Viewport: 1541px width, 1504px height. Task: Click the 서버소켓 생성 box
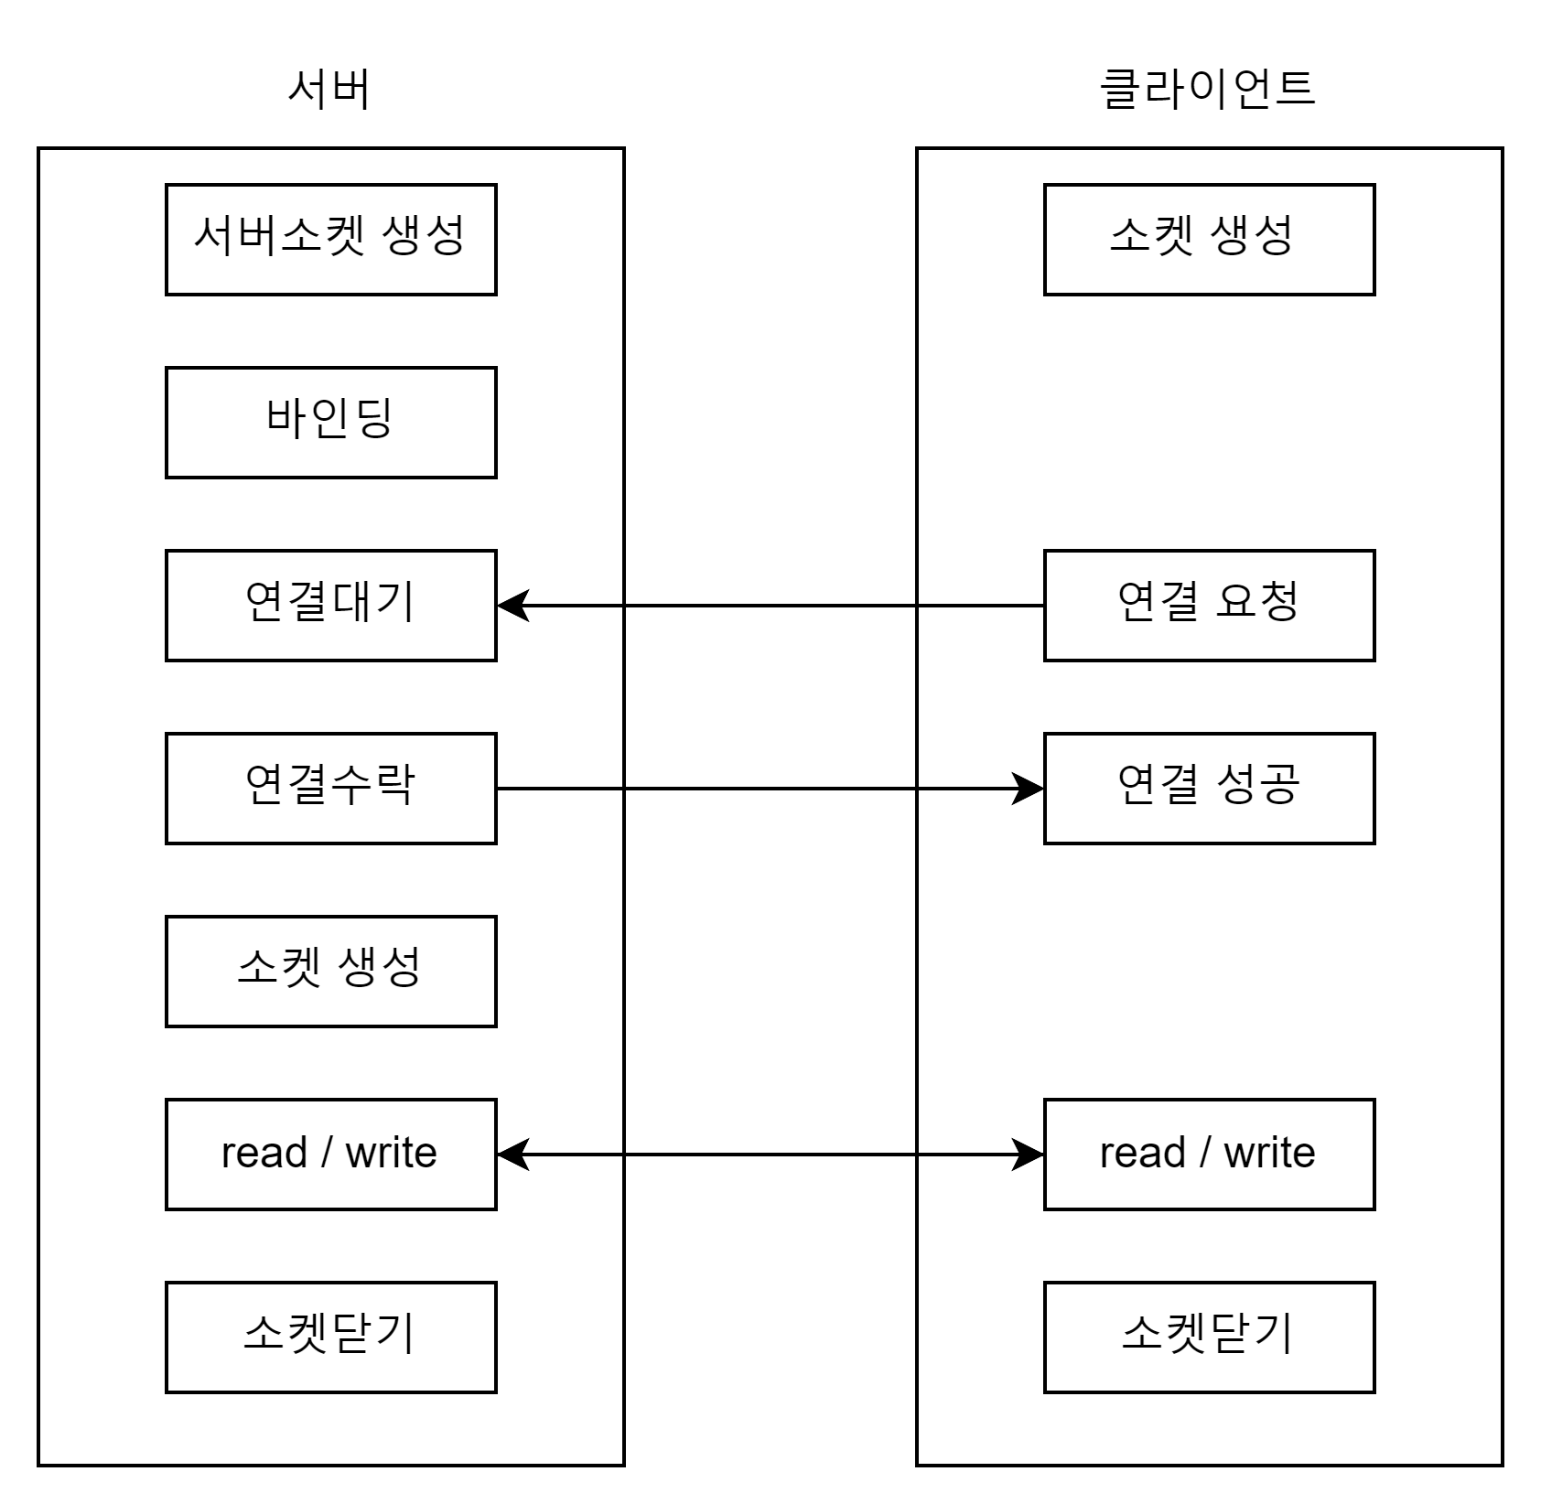pyautogui.click(x=330, y=240)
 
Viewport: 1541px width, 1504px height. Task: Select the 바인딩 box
pyautogui.click(x=330, y=423)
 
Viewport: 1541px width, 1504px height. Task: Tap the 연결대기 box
pyautogui.click(x=330, y=606)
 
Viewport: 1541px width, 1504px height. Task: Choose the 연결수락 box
pyautogui.click(x=330, y=789)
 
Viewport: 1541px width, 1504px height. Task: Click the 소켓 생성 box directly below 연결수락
pyautogui.click(x=330, y=972)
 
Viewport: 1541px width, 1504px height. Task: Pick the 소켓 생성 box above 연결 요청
pyautogui.click(x=1209, y=240)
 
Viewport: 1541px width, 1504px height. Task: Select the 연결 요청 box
pyautogui.click(x=1209, y=606)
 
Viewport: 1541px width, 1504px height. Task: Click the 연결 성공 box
pyautogui.click(x=1209, y=789)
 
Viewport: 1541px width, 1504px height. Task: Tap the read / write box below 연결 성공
pyautogui.click(x=1209, y=1155)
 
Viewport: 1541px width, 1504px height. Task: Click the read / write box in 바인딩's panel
pyautogui.click(x=330, y=1155)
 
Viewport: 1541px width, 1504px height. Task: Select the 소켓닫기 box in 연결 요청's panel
pyautogui.click(x=1209, y=1337)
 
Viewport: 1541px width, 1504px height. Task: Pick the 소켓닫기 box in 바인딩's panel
pyautogui.click(x=330, y=1337)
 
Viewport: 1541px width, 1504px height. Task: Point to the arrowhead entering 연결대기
pyautogui.click(x=513, y=606)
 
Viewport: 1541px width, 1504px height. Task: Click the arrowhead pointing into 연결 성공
pyautogui.click(x=1028, y=789)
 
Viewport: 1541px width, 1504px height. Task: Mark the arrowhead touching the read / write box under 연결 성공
pyautogui.click(x=1028, y=1155)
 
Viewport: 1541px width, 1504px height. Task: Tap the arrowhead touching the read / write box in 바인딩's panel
pyautogui.click(x=513, y=1155)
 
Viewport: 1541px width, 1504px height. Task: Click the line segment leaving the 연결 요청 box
pyautogui.click(x=981, y=606)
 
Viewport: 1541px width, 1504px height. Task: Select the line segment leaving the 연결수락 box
pyautogui.click(x=559, y=789)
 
